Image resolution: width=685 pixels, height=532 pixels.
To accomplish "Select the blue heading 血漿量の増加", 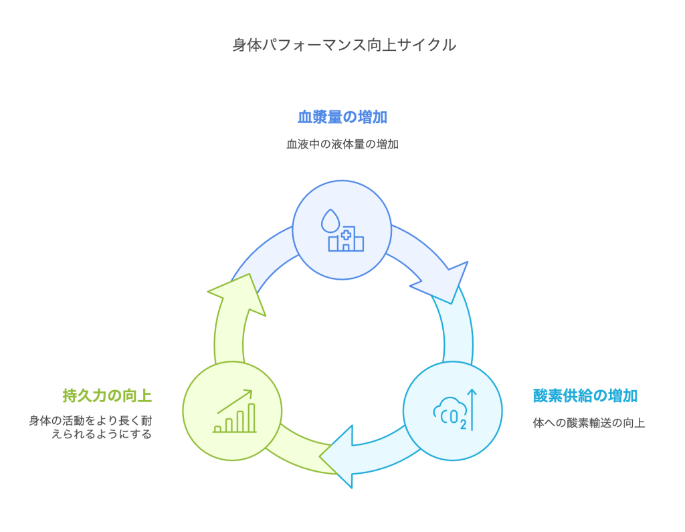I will coord(342,117).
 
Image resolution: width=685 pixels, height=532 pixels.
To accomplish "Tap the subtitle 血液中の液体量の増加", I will coord(342,144).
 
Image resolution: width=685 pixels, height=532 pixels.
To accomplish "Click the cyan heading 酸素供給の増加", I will coord(585,395).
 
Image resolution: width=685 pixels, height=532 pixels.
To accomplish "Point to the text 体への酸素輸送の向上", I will coord(589,423).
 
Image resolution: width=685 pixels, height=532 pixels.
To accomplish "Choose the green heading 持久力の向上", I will coord(107,395).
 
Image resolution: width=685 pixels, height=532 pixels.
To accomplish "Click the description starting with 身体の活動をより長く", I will coord(90,427).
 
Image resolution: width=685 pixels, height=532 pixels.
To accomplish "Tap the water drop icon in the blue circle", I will coord(329,219).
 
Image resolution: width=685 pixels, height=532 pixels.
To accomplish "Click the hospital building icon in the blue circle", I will coord(346,240).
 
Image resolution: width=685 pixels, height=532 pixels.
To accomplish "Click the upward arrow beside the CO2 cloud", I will coord(472,410).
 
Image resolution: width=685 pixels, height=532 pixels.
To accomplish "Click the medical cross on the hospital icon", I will coord(347,234).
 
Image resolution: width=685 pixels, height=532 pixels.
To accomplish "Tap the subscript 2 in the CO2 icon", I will coord(463,424).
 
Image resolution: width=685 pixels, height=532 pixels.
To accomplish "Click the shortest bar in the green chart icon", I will coord(217,428).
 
